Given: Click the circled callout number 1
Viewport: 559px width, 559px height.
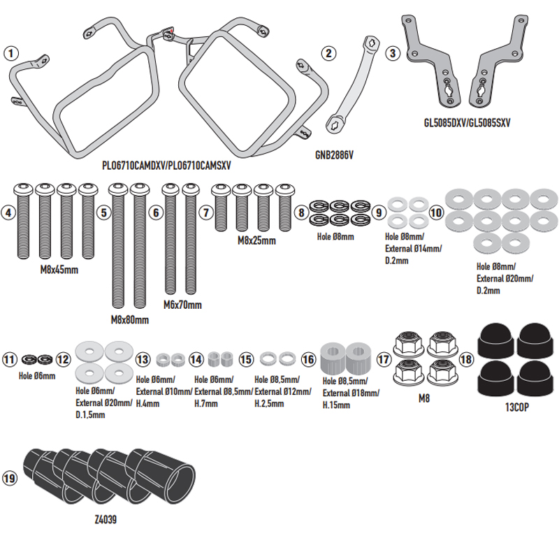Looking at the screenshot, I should click(10, 52).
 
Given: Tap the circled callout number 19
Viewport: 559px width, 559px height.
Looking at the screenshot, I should click(10, 479).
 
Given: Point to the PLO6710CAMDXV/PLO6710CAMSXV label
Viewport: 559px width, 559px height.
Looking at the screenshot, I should click(166, 167).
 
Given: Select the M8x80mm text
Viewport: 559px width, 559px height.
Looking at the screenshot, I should click(129, 319).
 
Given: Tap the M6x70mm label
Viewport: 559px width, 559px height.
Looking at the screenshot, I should click(182, 305).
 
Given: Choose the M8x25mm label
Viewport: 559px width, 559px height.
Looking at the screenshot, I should click(256, 240).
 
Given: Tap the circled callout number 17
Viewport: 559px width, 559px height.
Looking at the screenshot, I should click(384, 359).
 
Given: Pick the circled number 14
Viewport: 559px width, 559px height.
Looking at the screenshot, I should click(196, 359).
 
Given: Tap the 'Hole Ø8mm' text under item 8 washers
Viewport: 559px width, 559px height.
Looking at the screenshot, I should click(335, 236).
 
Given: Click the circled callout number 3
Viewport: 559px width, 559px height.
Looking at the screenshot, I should click(393, 52).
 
